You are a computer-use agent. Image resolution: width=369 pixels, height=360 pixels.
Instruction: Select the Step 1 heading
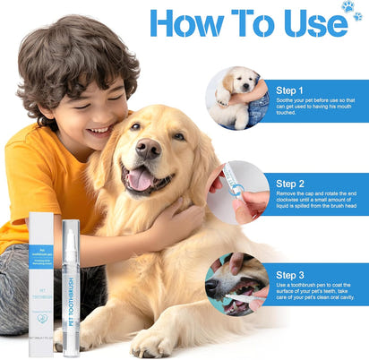pos(290,90)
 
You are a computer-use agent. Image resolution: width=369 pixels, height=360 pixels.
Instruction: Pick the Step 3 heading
pos(290,275)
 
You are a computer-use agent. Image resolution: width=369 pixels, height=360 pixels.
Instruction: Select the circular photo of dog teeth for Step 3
pos(236,284)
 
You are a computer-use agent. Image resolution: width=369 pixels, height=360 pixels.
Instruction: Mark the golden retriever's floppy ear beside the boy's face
pos(101,161)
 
